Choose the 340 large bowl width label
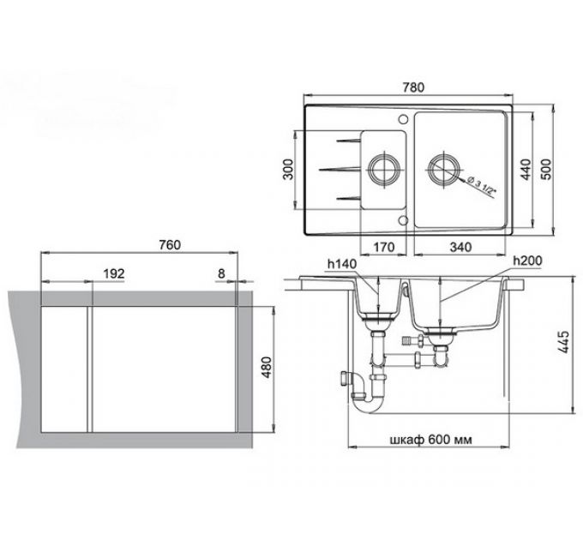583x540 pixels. coord(461,249)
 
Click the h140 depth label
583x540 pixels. coord(340,264)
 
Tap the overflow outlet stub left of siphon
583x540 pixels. coord(345,376)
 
